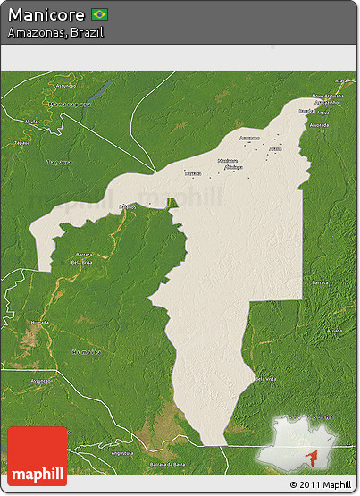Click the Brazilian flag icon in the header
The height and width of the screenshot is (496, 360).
point(99,15)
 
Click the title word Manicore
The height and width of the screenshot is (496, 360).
point(46,15)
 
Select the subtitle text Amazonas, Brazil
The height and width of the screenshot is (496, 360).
point(55,32)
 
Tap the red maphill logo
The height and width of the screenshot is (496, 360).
point(37,456)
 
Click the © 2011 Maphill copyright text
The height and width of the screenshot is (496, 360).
point(320,485)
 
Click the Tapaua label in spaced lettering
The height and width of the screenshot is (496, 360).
point(59,163)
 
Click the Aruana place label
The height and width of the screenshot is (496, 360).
point(333,330)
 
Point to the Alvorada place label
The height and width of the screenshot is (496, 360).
point(319,125)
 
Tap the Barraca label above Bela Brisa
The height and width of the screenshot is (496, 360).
point(83,255)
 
